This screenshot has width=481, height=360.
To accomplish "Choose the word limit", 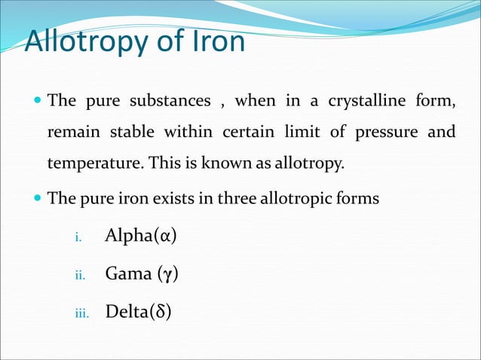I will point(301,133).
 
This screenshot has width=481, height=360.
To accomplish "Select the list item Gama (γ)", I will point(142,273).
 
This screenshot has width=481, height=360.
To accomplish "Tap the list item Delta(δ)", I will point(138,310).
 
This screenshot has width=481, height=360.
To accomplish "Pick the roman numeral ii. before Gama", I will point(78,276).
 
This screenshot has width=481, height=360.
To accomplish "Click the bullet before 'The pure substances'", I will point(37,100).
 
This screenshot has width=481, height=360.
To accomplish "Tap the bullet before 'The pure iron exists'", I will point(37,199).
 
